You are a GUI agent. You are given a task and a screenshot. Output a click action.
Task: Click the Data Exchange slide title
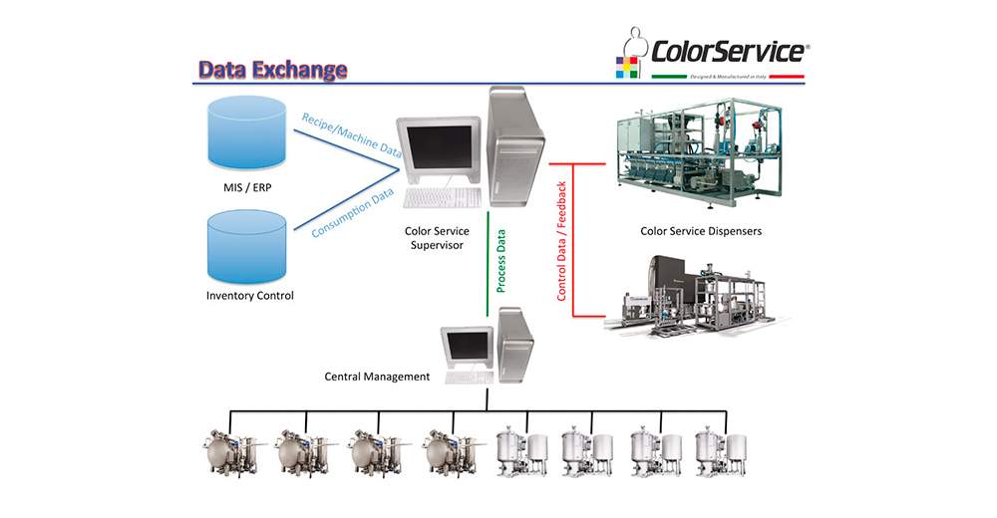(272, 70)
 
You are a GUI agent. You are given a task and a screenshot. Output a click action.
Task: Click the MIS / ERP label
(250, 186)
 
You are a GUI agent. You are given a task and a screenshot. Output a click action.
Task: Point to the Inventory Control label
(250, 296)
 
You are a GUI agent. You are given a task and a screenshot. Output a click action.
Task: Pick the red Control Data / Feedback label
(561, 241)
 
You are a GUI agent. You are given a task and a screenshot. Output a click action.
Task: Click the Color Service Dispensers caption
(701, 231)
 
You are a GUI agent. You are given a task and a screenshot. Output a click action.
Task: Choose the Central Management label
(377, 377)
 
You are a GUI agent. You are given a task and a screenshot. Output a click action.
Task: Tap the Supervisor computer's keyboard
(443, 197)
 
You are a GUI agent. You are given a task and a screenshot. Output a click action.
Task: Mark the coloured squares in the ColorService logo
(628, 69)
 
